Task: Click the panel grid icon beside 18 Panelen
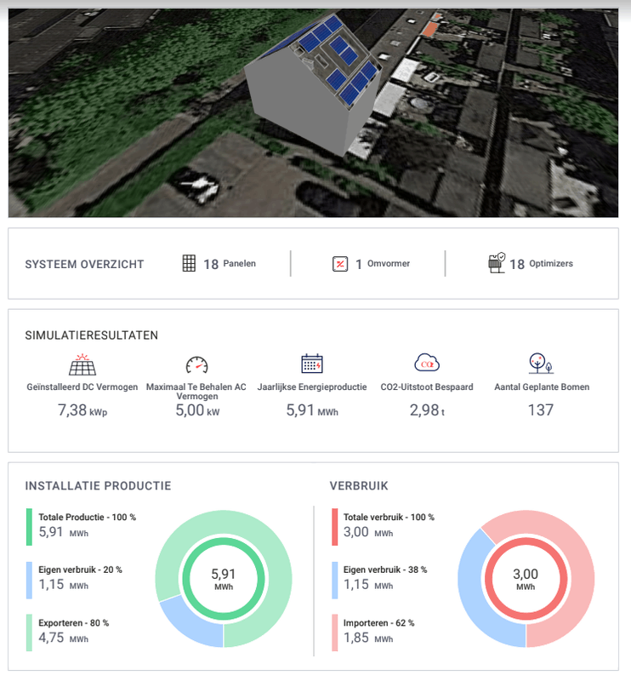click(189, 264)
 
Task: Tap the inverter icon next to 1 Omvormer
click(340, 264)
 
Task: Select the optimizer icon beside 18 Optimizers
click(497, 262)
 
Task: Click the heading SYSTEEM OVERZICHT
click(85, 264)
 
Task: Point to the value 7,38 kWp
click(82, 410)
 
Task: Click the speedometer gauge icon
click(196, 365)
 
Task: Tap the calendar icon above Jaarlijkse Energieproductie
click(312, 364)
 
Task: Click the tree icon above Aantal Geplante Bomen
click(541, 363)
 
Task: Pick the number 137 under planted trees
click(541, 410)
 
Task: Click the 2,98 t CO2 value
click(425, 410)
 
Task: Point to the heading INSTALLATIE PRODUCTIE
click(99, 486)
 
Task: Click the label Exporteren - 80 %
click(74, 623)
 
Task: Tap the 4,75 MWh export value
click(63, 638)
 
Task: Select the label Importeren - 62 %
click(378, 623)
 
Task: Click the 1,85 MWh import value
click(367, 638)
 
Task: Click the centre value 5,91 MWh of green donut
click(224, 579)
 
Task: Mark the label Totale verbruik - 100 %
click(389, 517)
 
